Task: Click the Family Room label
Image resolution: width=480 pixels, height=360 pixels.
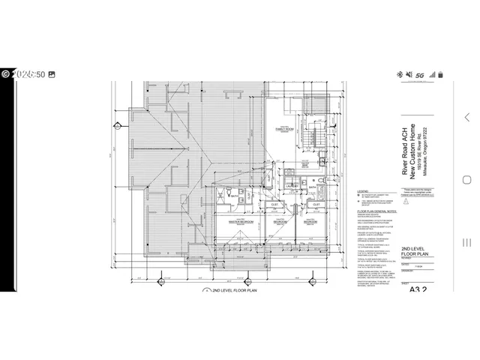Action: pos(285,128)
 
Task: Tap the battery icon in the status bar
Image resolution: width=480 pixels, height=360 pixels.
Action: pos(451,75)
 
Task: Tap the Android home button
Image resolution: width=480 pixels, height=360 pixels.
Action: pos(466,180)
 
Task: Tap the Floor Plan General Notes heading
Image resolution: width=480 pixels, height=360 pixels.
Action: pos(374,212)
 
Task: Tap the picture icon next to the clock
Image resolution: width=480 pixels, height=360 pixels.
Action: pos(51,75)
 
